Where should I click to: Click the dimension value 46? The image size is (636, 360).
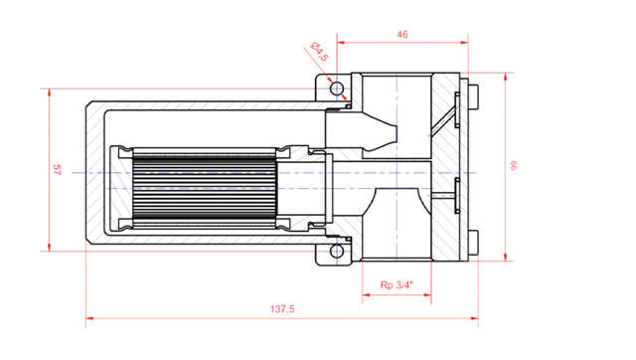coord(402,34)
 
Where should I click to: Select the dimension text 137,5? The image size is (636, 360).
coord(282,309)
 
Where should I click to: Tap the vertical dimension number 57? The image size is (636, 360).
coord(57,170)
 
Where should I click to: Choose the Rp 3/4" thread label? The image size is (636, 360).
coord(397,285)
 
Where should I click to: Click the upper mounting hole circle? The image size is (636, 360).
coord(337,89)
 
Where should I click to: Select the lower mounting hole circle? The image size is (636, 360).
coord(337,251)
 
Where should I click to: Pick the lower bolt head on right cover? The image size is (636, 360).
coord(474,243)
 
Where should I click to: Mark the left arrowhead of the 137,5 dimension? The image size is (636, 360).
coord(89,320)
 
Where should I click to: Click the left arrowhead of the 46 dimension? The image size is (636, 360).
coord(341,43)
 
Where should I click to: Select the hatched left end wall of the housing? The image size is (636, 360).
coord(93,174)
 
